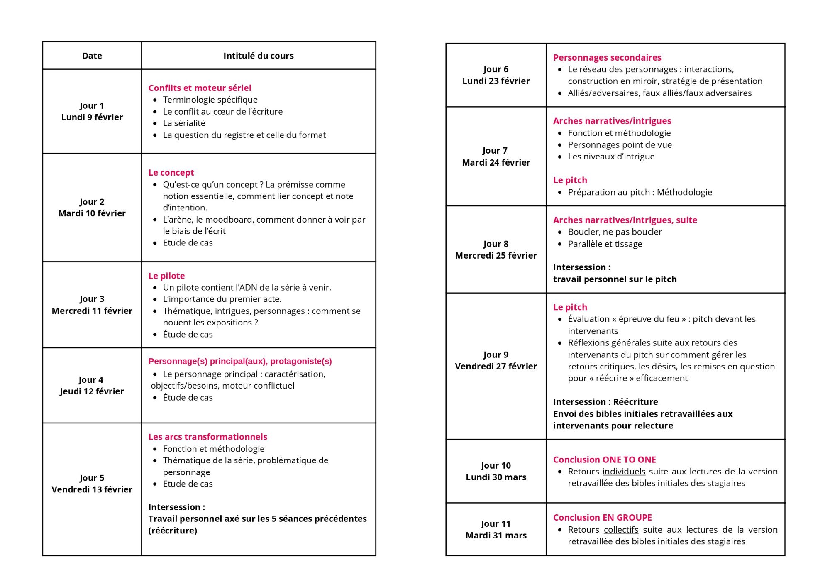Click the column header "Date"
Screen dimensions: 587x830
click(x=92, y=56)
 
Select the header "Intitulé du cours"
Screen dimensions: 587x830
click(x=258, y=56)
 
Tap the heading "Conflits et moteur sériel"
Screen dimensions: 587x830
click(x=200, y=88)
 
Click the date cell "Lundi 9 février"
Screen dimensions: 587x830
click(x=92, y=117)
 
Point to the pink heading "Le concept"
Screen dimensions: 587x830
click(x=171, y=173)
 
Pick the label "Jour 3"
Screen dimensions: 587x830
click(x=92, y=299)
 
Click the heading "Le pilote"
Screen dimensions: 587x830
click(x=166, y=276)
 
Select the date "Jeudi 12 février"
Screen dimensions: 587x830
click(x=92, y=391)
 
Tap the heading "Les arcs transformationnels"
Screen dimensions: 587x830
click(x=207, y=437)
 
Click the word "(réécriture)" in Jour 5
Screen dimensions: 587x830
click(x=173, y=531)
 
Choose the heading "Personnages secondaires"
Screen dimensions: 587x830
click(x=607, y=58)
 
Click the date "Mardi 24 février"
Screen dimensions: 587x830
click(x=496, y=163)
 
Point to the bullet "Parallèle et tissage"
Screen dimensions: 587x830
click(x=605, y=244)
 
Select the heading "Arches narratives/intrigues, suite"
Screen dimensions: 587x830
click(x=625, y=220)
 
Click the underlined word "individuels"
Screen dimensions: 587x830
click(x=623, y=472)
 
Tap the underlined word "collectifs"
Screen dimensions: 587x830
click(x=621, y=530)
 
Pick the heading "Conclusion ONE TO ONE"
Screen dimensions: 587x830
click(x=604, y=460)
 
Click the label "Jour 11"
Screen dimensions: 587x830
click(x=496, y=524)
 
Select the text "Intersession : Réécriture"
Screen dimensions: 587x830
click(x=605, y=402)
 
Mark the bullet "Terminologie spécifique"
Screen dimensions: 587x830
click(x=210, y=100)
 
